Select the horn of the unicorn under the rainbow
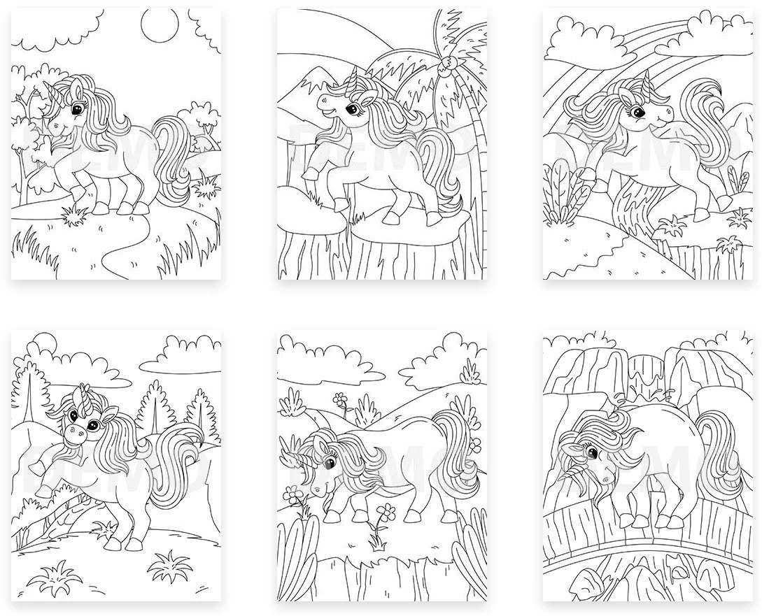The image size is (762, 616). [x=647, y=82]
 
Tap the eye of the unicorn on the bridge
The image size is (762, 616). [x=593, y=453]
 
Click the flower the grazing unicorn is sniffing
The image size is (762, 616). [x=293, y=498]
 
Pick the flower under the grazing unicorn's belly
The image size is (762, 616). [x=387, y=510]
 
